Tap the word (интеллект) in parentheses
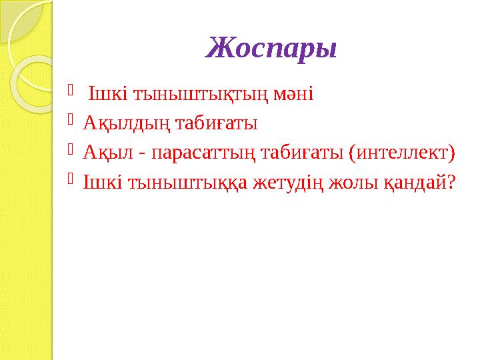[x=403, y=153]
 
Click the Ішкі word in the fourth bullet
[x=95, y=183]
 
